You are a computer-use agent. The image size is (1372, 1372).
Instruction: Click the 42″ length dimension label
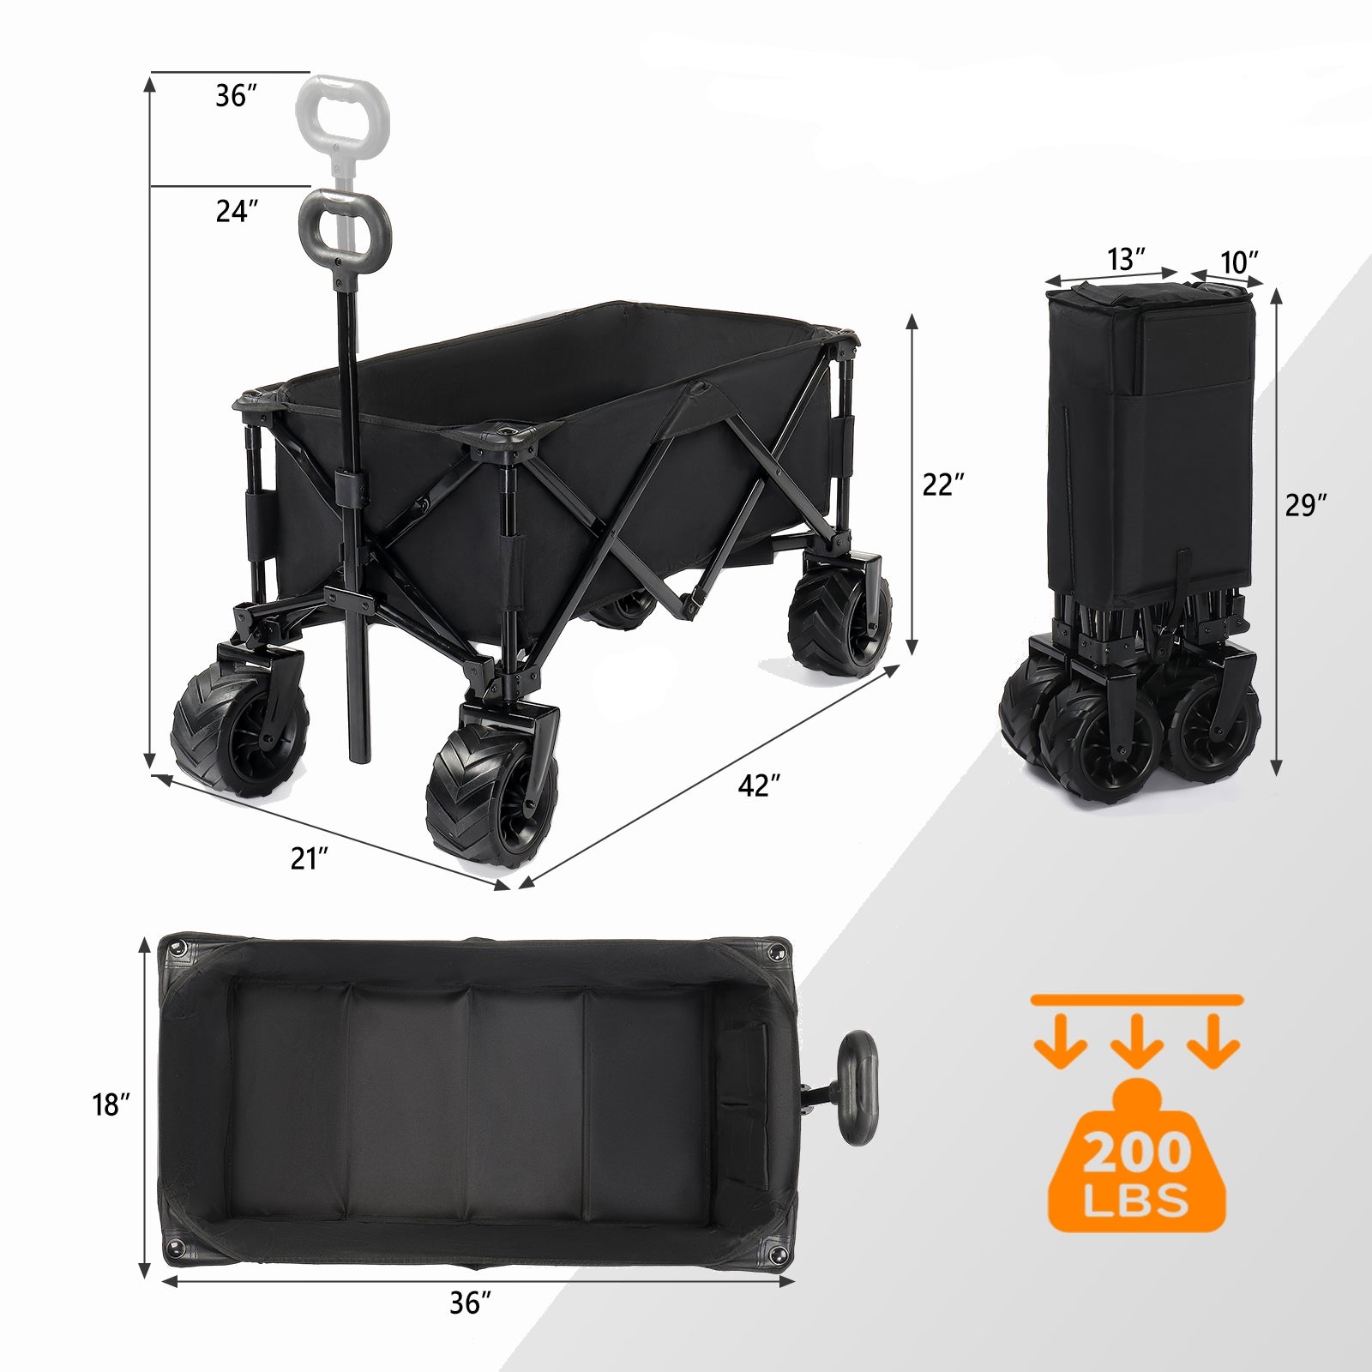point(760,785)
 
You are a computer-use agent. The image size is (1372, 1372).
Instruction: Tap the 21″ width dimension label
point(310,857)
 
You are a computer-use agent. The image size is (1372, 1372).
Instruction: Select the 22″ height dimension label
point(944,484)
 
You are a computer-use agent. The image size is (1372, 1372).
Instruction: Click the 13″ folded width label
point(1127,259)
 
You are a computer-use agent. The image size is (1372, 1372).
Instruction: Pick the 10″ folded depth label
point(1239,262)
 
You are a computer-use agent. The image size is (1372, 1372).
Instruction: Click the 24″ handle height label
point(237,211)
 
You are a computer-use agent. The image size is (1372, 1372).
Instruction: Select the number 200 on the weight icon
point(1137,1153)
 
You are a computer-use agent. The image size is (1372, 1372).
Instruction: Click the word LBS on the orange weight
point(1137,1200)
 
